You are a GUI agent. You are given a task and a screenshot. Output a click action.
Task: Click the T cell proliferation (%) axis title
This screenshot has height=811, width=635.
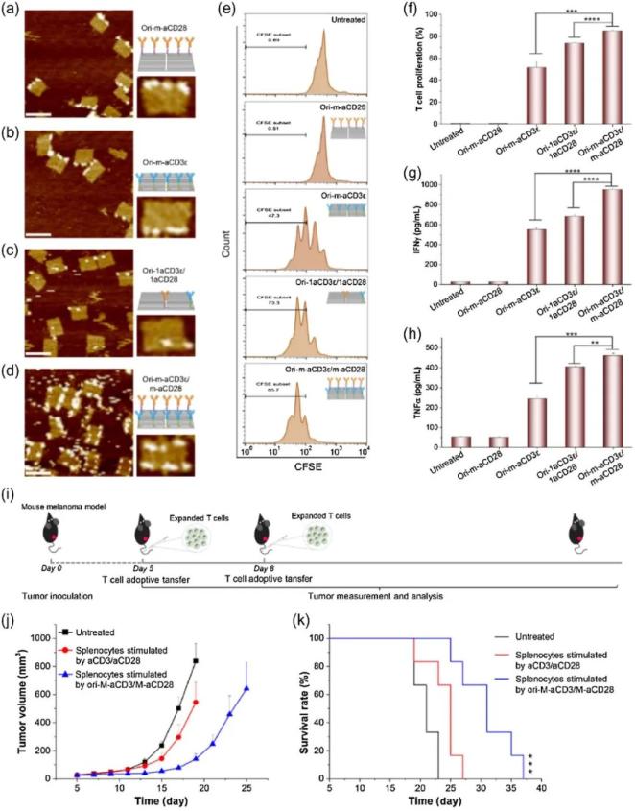tap(423, 75)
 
